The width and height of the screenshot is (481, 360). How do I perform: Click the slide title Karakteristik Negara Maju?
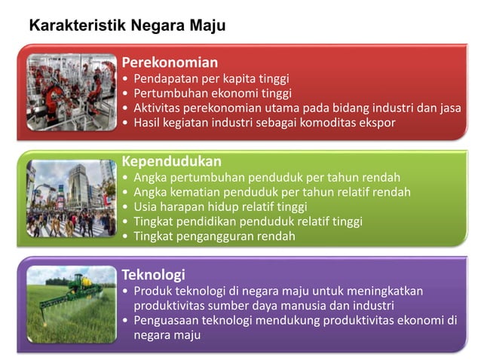pos(127,26)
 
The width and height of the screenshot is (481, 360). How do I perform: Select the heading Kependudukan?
pos(172,161)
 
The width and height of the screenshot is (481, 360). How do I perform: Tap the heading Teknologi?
pos(154,274)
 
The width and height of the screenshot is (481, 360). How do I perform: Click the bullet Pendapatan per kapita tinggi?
pos(211,78)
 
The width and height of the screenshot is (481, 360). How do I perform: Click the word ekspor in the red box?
pos(376,123)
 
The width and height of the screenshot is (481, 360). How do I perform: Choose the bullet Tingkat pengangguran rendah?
pos(214,236)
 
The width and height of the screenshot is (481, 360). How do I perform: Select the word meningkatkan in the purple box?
pos(386,291)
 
